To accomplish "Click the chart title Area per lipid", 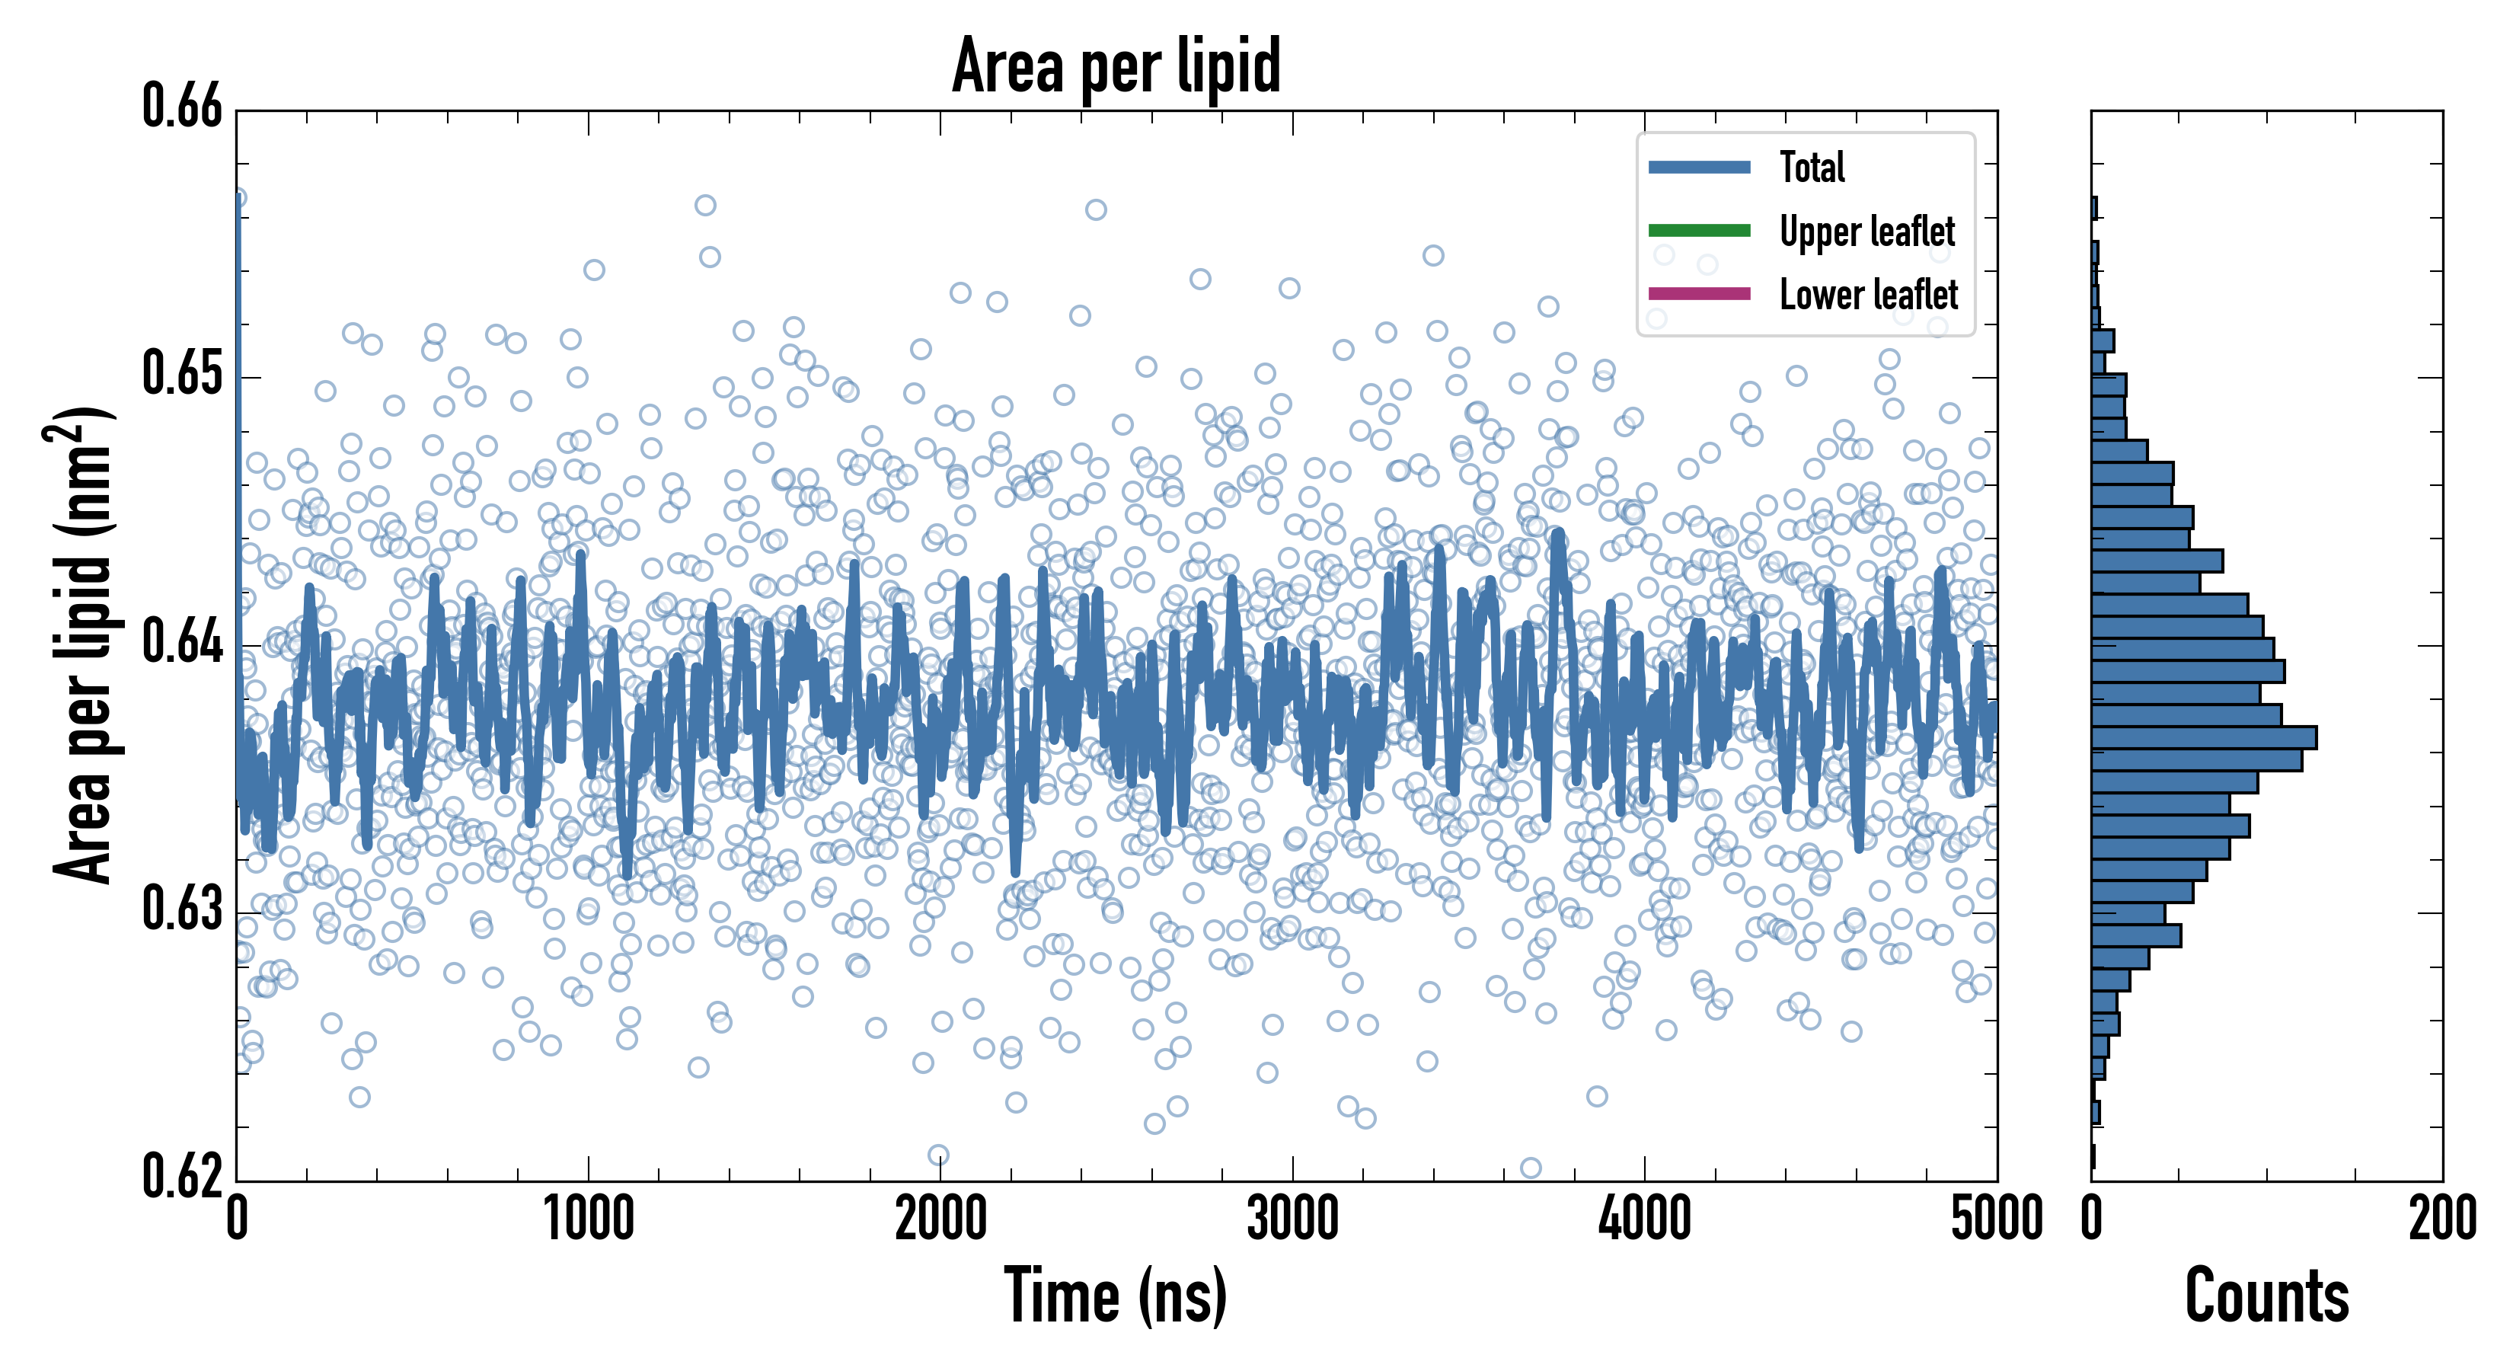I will pos(1116,66).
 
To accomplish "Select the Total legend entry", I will pos(1811,167).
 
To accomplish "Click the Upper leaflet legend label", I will pos(1866,232).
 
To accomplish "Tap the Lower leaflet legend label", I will pos(1867,295).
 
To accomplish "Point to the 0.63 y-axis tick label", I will pos(183,909).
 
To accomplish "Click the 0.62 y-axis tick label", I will pos(183,1176).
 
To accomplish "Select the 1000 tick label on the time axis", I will pos(588,1219).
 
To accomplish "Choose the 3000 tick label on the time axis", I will pos(1292,1219).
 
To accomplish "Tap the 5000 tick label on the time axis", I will pos(1996,1219).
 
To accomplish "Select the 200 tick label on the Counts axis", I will pos(2441,1219).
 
